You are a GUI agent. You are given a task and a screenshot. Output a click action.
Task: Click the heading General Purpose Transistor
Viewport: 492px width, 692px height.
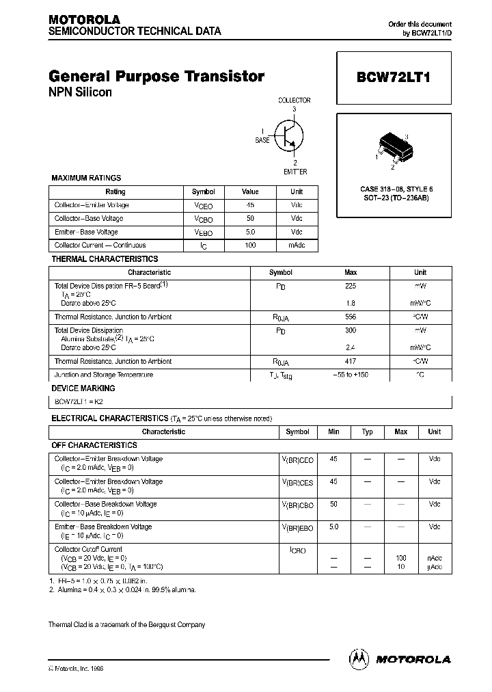tap(156, 77)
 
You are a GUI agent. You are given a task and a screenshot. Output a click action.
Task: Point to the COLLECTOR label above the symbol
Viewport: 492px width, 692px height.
tap(295, 100)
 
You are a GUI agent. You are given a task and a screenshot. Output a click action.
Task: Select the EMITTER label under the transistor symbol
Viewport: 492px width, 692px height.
tap(295, 172)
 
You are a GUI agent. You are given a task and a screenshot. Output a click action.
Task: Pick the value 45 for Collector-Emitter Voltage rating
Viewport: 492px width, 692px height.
tap(250, 205)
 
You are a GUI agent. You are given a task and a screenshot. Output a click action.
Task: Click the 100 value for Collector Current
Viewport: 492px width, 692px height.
tap(250, 245)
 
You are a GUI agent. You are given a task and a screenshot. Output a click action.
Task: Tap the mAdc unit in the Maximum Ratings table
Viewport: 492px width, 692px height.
tap(297, 245)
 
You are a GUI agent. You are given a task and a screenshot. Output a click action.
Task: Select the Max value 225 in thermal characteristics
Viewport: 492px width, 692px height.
tap(351, 286)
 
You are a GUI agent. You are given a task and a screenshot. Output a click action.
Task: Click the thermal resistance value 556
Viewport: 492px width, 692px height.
tap(351, 317)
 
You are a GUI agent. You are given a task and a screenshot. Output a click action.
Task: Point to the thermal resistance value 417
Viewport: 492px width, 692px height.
tap(351, 361)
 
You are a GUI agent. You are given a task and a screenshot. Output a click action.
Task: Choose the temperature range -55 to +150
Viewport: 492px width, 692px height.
tap(351, 375)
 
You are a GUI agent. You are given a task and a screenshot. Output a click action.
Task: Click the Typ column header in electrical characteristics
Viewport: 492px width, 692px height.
tap(367, 431)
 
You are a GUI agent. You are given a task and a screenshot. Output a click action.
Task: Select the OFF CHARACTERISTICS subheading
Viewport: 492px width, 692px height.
tap(94, 444)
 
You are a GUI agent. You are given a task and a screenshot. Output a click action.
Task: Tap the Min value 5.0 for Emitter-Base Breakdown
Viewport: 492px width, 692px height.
tap(333, 527)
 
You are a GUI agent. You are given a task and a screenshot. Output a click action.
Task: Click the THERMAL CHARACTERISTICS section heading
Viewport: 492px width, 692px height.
tap(105, 259)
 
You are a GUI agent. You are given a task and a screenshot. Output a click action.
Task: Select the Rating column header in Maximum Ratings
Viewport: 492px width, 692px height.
tap(115, 192)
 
